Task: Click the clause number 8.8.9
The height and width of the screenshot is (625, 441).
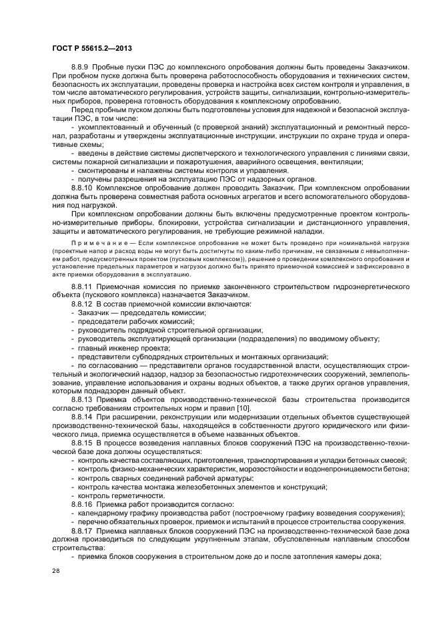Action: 81,68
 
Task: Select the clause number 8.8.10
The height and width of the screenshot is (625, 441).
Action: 83,188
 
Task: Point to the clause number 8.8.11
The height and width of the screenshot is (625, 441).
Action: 83,285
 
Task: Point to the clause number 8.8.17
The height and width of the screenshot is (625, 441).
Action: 83,530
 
